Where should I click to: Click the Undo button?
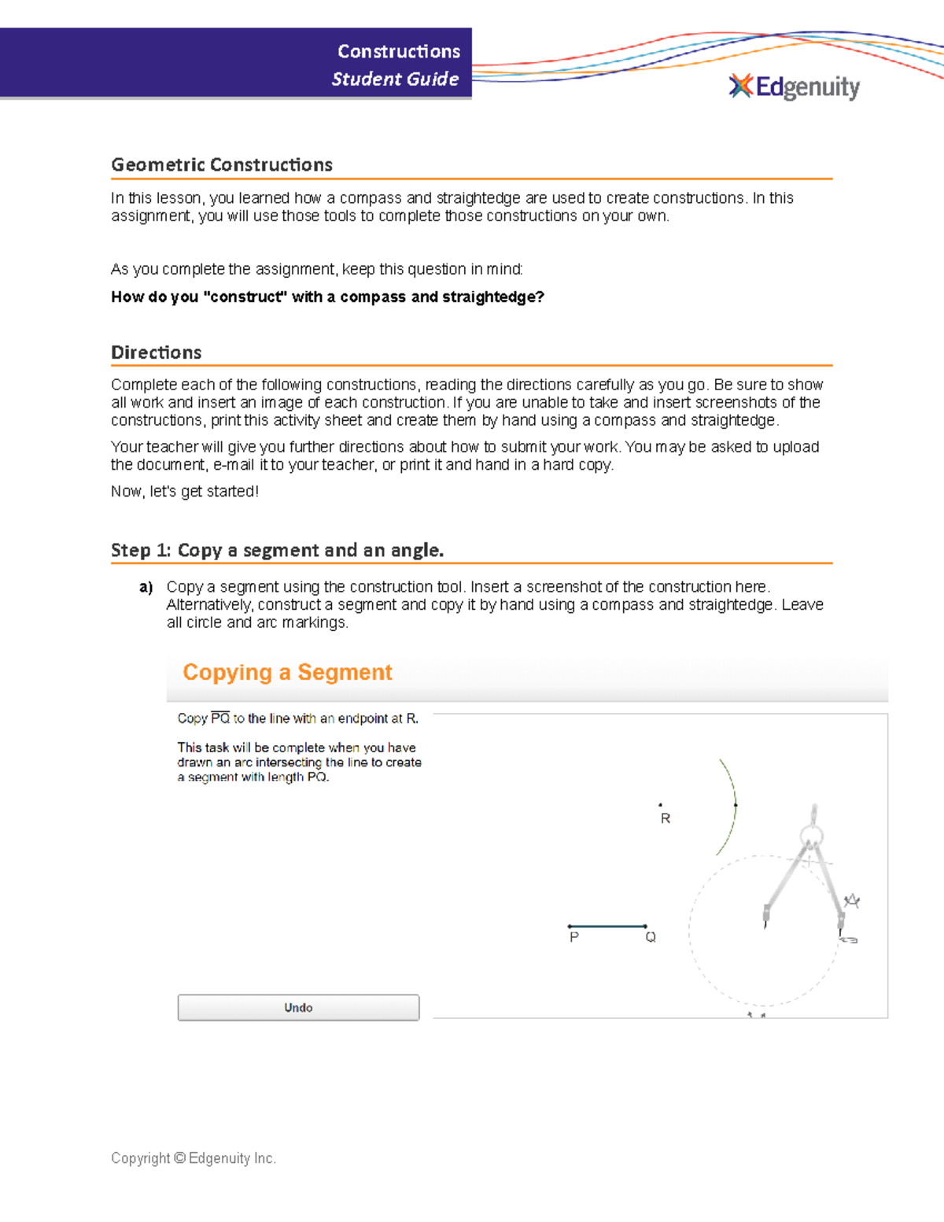pyautogui.click(x=298, y=1007)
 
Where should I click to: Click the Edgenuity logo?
pyautogui.click(x=795, y=87)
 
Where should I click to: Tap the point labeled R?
pyautogui.click(x=660, y=805)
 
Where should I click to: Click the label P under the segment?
pyautogui.click(x=574, y=937)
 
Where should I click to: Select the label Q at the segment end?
pyautogui.click(x=651, y=937)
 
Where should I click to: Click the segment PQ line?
pyautogui.click(x=607, y=926)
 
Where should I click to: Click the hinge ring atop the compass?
pyautogui.click(x=812, y=835)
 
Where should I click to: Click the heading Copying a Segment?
pyautogui.click(x=287, y=672)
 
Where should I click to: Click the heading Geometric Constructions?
pyautogui.click(x=222, y=164)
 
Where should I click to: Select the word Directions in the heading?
pyautogui.click(x=157, y=353)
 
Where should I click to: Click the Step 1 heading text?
pyautogui.click(x=277, y=550)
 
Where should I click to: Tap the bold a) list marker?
pyautogui.click(x=146, y=587)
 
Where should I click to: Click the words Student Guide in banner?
pyautogui.click(x=395, y=79)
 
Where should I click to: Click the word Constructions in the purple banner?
pyautogui.click(x=399, y=51)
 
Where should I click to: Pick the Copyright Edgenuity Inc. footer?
pyautogui.click(x=194, y=1157)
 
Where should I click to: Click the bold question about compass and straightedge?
pyautogui.click(x=327, y=297)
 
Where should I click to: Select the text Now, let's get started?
pyautogui.click(x=185, y=491)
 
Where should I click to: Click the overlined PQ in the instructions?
pyautogui.click(x=220, y=718)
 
